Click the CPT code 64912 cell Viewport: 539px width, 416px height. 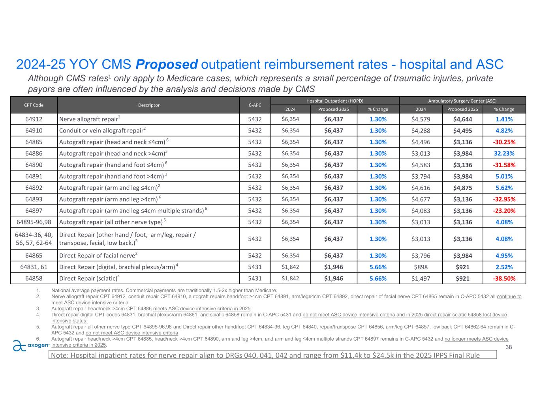pyautogui.click(x=34, y=119)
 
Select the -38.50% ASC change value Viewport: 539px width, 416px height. pyautogui.click(x=504, y=278)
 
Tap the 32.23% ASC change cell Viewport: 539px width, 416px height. pyautogui.click(x=504, y=153)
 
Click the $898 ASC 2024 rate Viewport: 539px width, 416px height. pyautogui.click(x=421, y=267)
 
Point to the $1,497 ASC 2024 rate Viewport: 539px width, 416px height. pyautogui.click(x=421, y=278)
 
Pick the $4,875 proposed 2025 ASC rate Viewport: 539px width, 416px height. pyautogui.click(x=462, y=188)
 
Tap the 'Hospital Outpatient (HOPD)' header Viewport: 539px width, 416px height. pyautogui.click(x=335, y=101)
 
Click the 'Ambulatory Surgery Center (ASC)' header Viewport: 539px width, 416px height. pyautogui.click(x=462, y=101)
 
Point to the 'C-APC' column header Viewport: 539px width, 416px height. pyautogui.click(x=255, y=105)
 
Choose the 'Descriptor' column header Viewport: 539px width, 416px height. pyautogui.click(x=148, y=105)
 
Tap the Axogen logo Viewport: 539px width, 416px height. pyautogui.click(x=31, y=345)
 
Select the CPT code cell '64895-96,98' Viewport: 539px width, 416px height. pyautogui.click(x=34, y=222)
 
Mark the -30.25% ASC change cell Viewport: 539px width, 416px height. pyautogui.click(x=504, y=142)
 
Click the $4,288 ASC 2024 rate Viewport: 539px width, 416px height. pyautogui.click(x=421, y=131)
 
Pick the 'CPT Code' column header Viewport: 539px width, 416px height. pyautogui.click(x=34, y=105)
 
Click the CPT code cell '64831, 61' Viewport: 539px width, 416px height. pyautogui.click(x=34, y=267)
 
